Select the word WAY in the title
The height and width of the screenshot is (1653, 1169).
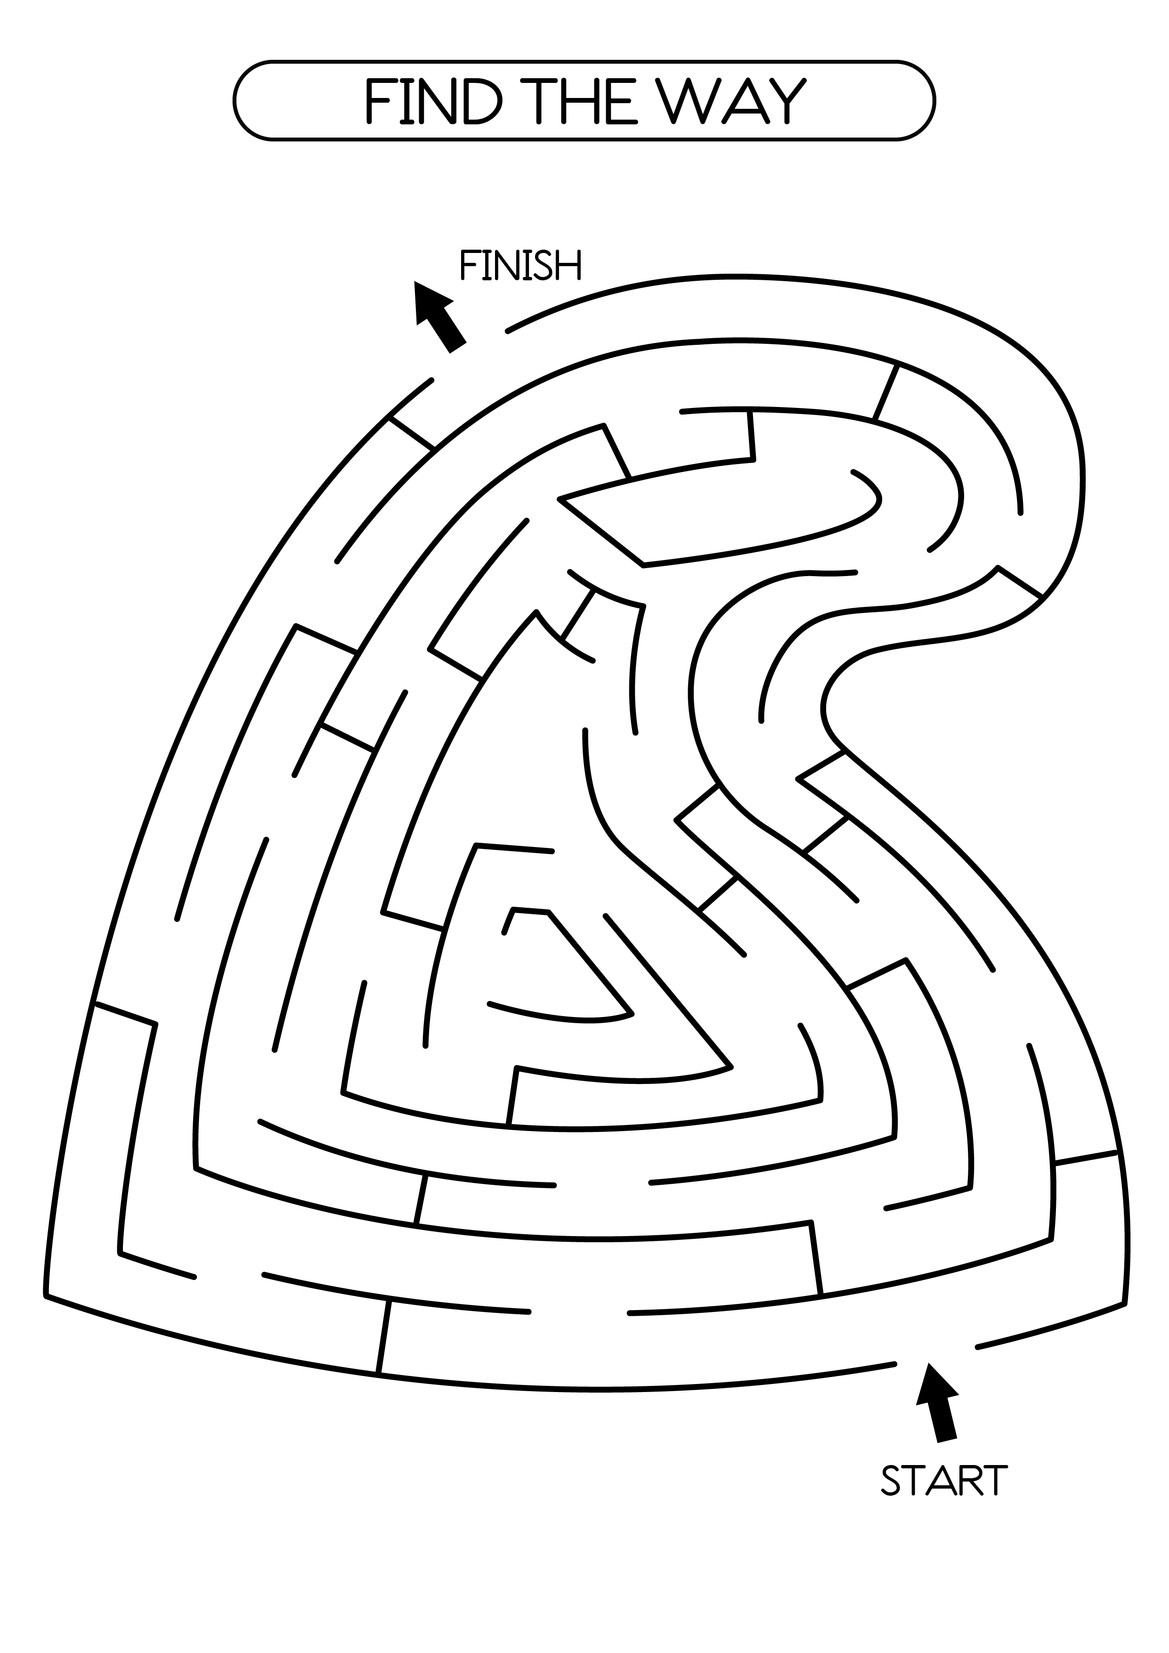point(733,101)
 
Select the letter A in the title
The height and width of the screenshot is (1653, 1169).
point(741,101)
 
